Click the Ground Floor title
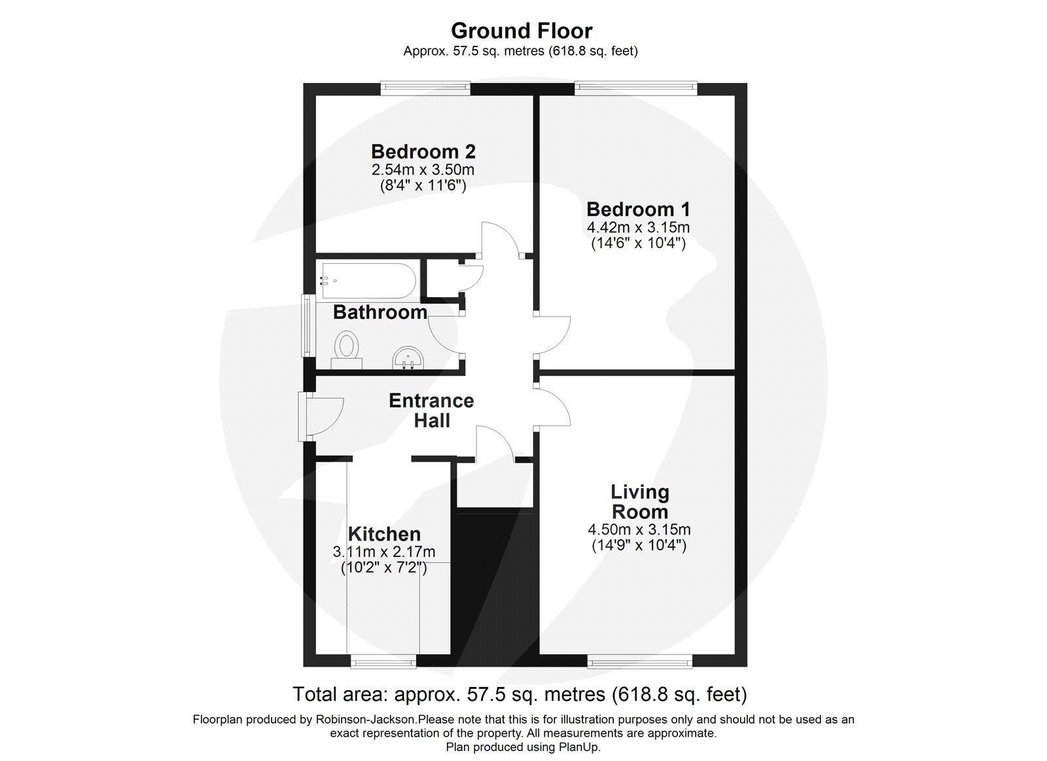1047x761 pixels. click(x=522, y=31)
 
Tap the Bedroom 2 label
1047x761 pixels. click(x=423, y=152)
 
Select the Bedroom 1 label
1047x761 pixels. click(x=638, y=209)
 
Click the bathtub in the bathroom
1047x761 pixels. click(x=367, y=281)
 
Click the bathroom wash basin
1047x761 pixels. click(x=410, y=358)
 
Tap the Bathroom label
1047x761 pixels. click(x=380, y=312)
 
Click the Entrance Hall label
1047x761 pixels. click(x=431, y=410)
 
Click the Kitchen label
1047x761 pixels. click(x=384, y=534)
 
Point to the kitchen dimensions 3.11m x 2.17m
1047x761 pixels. click(x=384, y=552)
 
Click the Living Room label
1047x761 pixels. click(x=639, y=502)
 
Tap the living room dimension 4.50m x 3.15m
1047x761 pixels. click(x=639, y=530)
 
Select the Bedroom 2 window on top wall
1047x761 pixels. click(x=426, y=88)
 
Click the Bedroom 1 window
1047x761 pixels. click(x=635, y=88)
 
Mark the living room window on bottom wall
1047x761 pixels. click(x=639, y=664)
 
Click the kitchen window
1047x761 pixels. click(x=384, y=664)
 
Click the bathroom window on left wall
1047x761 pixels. click(x=306, y=325)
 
